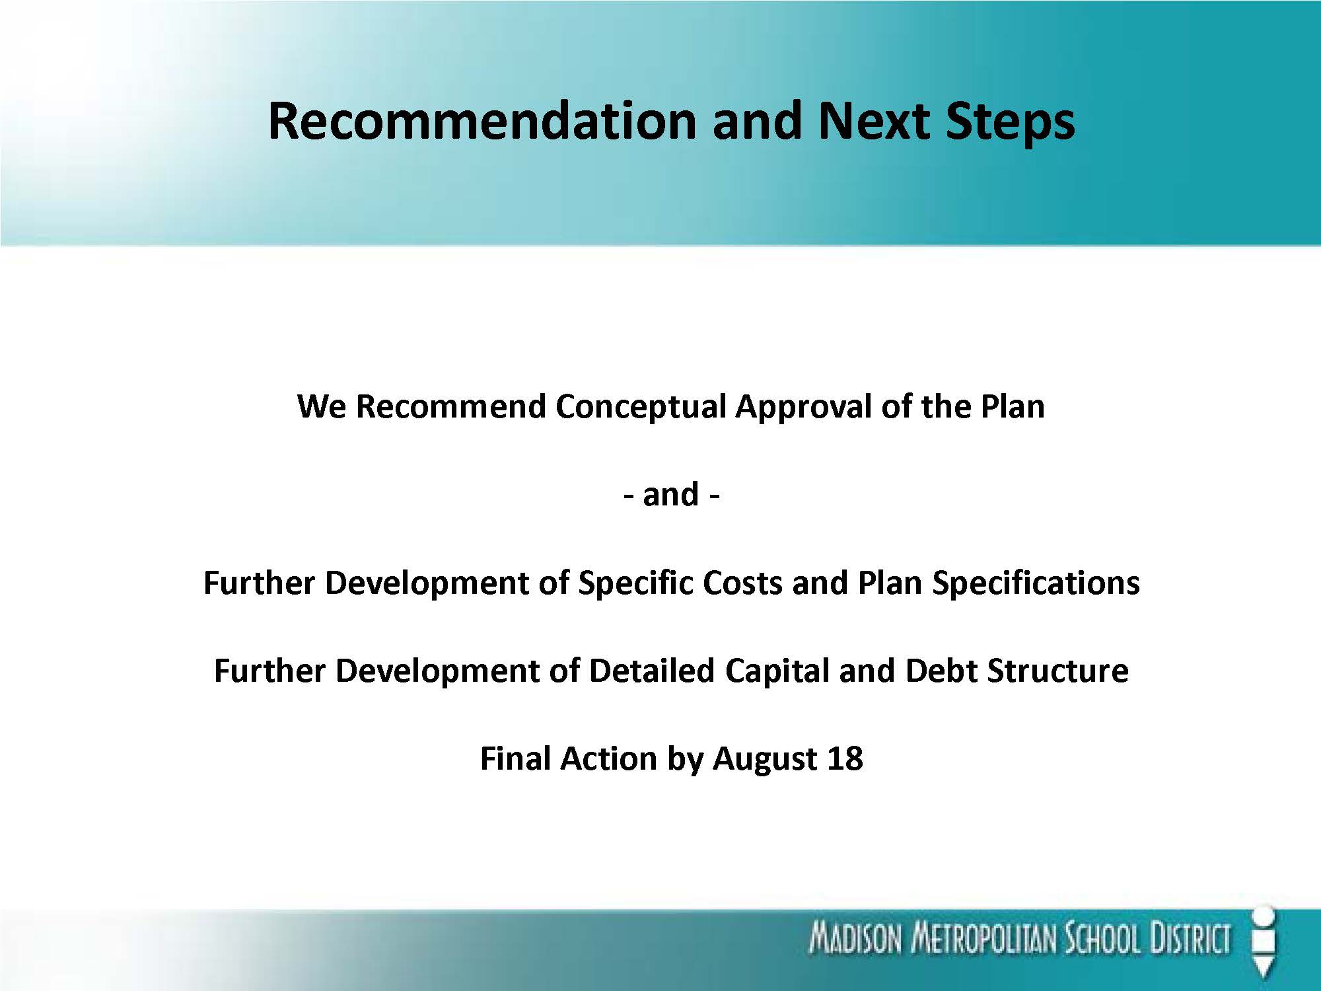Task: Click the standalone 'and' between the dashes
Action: pyautogui.click(x=670, y=494)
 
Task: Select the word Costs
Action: pyautogui.click(x=742, y=583)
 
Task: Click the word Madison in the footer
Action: pyautogui.click(x=856, y=939)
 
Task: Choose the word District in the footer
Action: pyautogui.click(x=1191, y=939)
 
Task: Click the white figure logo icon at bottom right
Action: pyautogui.click(x=1264, y=942)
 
